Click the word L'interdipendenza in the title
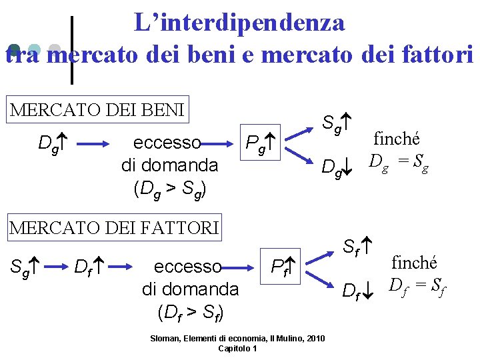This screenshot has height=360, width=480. pyautogui.click(x=239, y=23)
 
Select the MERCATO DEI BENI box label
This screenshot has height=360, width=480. pyautogui.click(x=97, y=109)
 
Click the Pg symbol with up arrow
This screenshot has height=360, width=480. pyautogui.click(x=261, y=143)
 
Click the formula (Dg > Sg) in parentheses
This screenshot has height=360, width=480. pyautogui.click(x=169, y=189)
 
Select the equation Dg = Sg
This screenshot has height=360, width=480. pyautogui.click(x=398, y=161)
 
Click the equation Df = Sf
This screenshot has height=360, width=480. pyautogui.click(x=418, y=287)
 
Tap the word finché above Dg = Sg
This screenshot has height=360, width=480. pyautogui.click(x=397, y=139)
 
